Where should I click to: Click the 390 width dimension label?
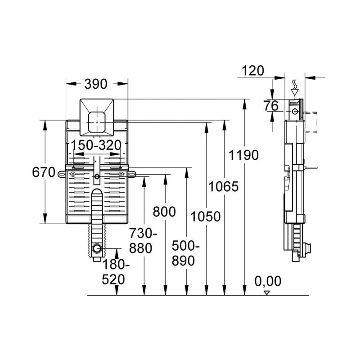coord(97,84)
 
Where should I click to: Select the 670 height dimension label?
coord(44,172)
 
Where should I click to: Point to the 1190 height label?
coord(243,155)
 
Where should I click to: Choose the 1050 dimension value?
coord(205,216)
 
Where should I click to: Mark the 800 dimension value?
coord(164,211)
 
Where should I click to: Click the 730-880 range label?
coord(143,241)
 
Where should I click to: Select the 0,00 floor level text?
coord(268,281)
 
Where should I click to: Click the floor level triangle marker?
coord(266,292)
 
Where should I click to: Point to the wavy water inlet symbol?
coord(295,84)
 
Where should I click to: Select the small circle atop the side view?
coord(294,111)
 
